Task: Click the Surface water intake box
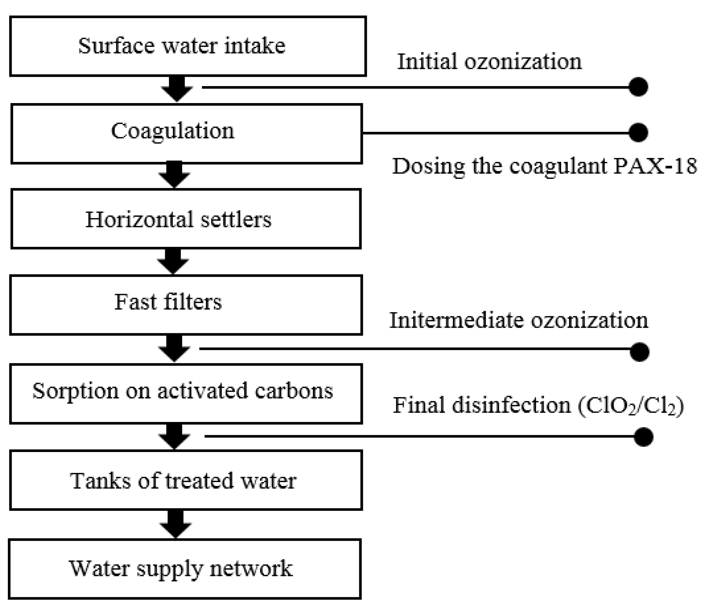point(188,46)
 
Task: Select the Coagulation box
point(187,134)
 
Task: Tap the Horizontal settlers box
point(186,219)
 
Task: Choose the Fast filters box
point(186,305)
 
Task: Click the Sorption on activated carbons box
point(186,394)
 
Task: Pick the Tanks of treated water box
point(186,480)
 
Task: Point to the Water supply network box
point(185,569)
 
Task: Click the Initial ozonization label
point(489,62)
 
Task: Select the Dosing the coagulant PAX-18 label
point(544,166)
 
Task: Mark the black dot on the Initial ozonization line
point(638,87)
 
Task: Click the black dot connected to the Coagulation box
point(638,132)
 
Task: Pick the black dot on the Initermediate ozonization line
point(640,352)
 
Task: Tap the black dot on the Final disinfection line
point(643,436)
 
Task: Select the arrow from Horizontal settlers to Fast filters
point(173,261)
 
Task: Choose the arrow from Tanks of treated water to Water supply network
point(176,524)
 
